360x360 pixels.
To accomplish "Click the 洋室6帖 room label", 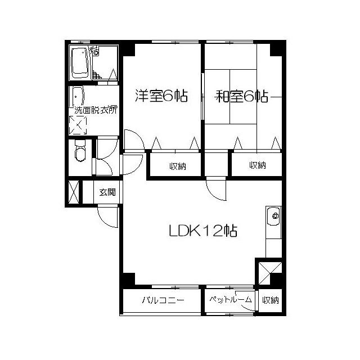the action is pos(161,96).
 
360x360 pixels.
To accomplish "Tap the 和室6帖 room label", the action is pos(242,96).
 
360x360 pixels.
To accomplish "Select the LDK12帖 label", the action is pos(203,230).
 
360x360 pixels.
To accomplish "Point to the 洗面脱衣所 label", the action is pos(96,110).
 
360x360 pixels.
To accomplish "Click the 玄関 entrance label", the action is pos(107,192).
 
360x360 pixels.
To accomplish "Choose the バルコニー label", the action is pos(163,300).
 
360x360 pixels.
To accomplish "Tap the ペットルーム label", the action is pos(230,299).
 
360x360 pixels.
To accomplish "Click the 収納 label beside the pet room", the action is pos(271,300).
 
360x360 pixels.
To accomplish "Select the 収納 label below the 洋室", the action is pos(178,166).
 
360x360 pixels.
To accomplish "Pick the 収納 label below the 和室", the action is pos(258,165).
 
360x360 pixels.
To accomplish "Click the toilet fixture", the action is pos(80,150).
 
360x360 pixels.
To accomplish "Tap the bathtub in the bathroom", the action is pos(80,62).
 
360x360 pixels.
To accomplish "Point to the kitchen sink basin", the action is pos(273,216).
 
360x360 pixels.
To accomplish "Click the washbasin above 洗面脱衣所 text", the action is pos(77,97).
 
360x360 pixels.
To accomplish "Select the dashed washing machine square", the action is pos(78,125).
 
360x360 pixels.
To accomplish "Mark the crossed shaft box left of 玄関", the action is pos(74,192).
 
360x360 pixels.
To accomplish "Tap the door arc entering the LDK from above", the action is pos(214,193).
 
